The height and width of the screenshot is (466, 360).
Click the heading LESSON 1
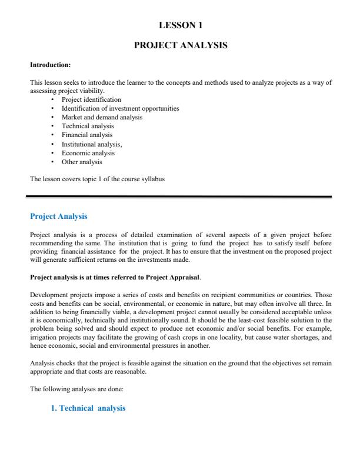(181, 25)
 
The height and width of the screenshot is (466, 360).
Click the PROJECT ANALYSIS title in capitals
(181, 45)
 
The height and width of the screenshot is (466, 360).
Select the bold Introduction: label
(50, 65)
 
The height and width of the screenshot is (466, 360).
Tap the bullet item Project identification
(91, 99)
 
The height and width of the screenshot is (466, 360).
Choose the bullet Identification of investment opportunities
(120, 108)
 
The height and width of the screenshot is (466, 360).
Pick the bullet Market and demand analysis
(102, 117)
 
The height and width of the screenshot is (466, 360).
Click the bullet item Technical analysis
(88, 126)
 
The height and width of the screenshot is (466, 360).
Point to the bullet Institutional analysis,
(92, 144)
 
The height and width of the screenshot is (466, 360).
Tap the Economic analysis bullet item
(88, 153)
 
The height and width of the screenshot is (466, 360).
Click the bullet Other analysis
(82, 162)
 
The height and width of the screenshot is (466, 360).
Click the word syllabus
(152, 179)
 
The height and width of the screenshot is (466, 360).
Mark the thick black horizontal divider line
(181, 197)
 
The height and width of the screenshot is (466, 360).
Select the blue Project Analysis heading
(58, 217)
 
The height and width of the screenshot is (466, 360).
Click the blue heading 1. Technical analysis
(88, 408)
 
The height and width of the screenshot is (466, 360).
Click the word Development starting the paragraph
(47, 294)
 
